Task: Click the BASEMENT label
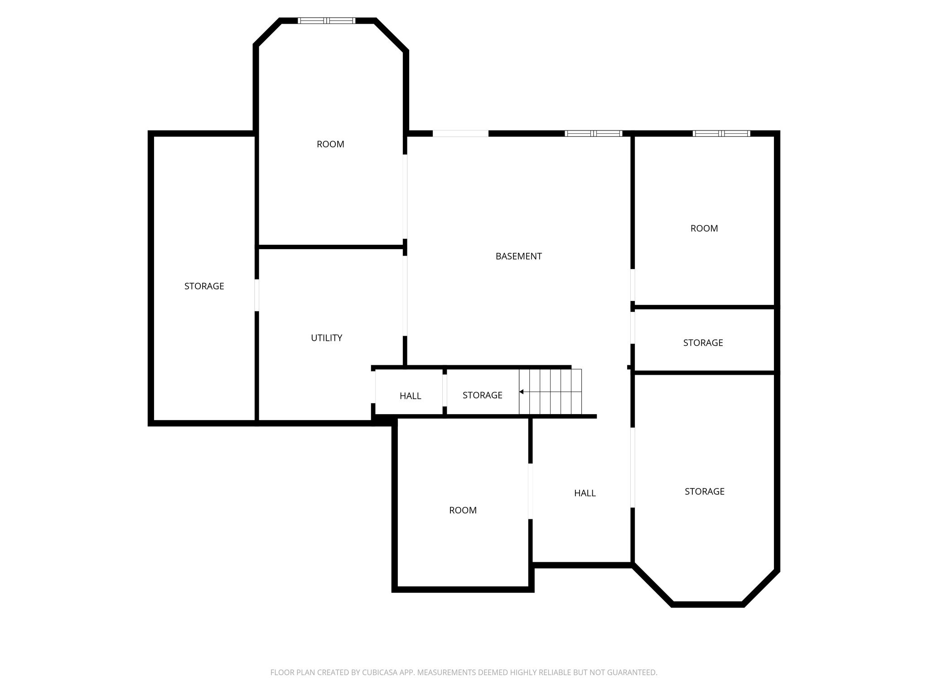coord(518,256)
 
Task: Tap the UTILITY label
coord(326,338)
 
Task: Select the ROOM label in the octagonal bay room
coord(330,145)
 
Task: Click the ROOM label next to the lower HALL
coord(463,511)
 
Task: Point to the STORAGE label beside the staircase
coord(482,396)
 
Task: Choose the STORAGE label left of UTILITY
coord(204,286)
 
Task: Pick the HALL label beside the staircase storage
coord(410,396)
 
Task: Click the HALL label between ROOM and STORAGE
coord(585,493)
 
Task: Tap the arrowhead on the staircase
coord(522,392)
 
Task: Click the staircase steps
coord(550,392)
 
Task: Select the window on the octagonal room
coord(326,20)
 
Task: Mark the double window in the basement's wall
coord(594,133)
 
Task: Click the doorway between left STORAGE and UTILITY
coord(257,295)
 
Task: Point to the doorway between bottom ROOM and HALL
coord(530,491)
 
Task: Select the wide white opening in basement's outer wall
coord(460,133)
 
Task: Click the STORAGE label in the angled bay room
coord(704,492)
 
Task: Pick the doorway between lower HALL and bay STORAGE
coord(633,468)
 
